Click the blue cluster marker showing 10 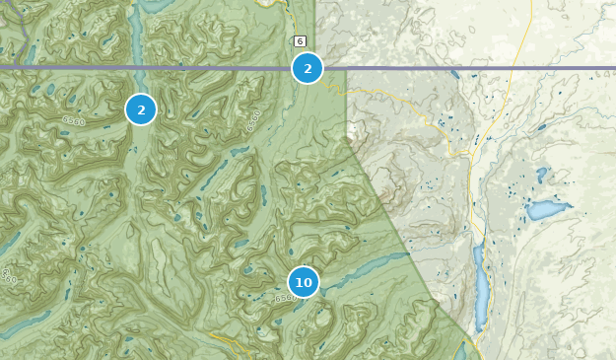coord(304,282)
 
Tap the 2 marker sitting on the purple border coord(308,68)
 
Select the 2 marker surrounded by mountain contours coord(141,109)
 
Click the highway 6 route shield coord(300,41)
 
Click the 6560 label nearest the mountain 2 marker coord(74,120)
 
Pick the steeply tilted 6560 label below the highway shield coord(253,121)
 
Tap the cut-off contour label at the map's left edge coord(7,276)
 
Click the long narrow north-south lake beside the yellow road coord(480,291)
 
